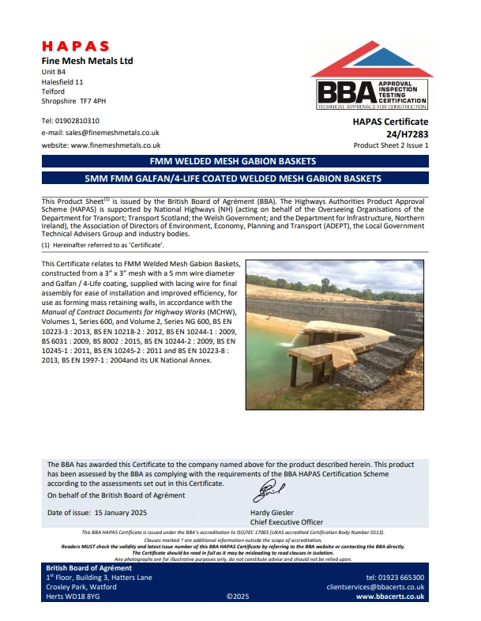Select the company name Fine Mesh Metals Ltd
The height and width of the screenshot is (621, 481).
(87, 61)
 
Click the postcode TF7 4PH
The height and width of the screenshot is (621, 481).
(93, 102)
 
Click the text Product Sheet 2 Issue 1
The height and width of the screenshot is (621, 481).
(390, 145)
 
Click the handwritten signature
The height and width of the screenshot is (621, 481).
(262, 494)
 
